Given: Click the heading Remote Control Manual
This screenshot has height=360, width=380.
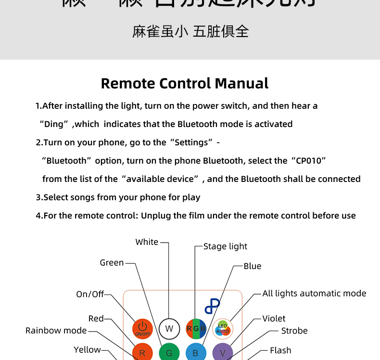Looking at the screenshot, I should tap(185, 83).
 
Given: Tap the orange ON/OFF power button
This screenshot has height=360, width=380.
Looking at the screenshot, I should tap(142, 328).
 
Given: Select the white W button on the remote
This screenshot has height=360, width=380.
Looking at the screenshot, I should tap(169, 329).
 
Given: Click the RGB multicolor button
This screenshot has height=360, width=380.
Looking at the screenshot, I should tap(196, 329).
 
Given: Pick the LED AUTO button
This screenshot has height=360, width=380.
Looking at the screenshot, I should tap(222, 329).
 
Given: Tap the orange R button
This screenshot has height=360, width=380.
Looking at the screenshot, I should tap(142, 353).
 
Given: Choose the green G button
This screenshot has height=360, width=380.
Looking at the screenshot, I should tap(169, 353).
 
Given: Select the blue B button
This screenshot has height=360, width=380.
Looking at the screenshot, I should tap(196, 353).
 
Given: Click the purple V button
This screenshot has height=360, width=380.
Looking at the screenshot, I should tap(222, 353).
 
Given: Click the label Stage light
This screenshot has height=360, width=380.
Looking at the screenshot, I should tap(225, 246).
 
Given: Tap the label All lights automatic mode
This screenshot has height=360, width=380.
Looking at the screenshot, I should tap(314, 293).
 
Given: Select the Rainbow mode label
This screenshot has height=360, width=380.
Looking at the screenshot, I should tap(56, 331).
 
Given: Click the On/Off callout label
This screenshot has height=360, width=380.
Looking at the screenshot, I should tap(89, 294).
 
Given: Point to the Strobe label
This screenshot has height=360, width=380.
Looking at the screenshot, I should tap(294, 331).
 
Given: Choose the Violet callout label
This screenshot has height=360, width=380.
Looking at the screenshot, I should tap(274, 319).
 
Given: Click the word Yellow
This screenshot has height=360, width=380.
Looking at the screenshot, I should tap(87, 350).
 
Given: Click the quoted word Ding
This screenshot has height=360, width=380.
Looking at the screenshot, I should tap(54, 124).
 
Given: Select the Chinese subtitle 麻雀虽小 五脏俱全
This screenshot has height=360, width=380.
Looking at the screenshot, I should tap(190, 32).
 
